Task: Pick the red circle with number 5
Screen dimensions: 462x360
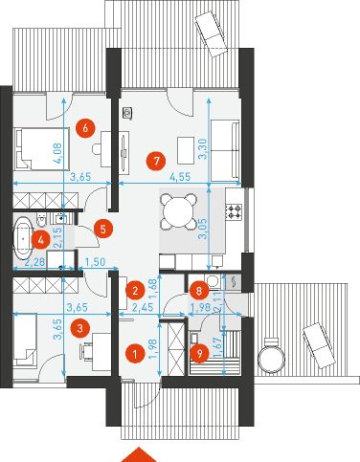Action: (103, 229)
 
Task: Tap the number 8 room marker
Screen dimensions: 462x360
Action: (198, 288)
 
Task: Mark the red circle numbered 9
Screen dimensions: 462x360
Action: (199, 353)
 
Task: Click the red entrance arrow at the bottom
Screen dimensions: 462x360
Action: (141, 453)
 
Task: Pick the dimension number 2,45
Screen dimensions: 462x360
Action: (143, 307)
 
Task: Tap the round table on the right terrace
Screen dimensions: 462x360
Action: (275, 356)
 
